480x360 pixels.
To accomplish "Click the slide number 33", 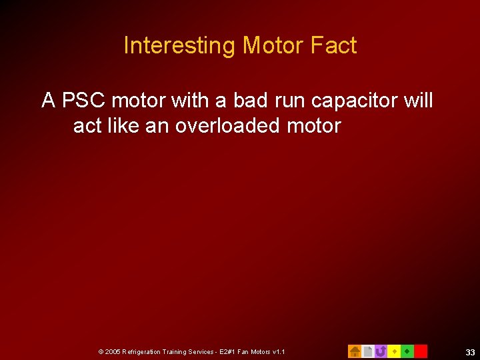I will point(470,352).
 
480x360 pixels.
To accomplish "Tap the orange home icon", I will point(355,351).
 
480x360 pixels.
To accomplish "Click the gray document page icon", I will point(367,351).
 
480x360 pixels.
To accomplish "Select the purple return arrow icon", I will point(381,351).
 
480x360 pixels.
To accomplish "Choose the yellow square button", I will point(394,351).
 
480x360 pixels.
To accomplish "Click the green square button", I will point(407,351).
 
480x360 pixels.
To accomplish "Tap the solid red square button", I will point(421,351).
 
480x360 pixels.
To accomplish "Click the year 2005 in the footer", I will point(113,351).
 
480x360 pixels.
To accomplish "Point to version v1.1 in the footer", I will point(278,351).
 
